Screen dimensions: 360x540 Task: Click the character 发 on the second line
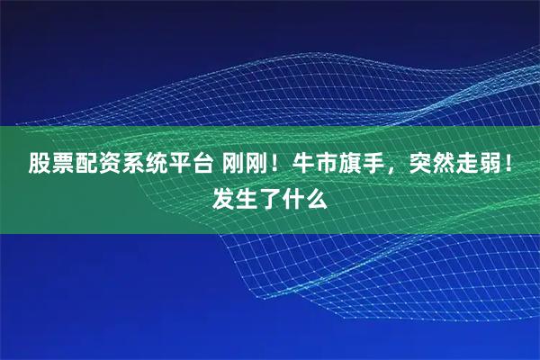point(223,195)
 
